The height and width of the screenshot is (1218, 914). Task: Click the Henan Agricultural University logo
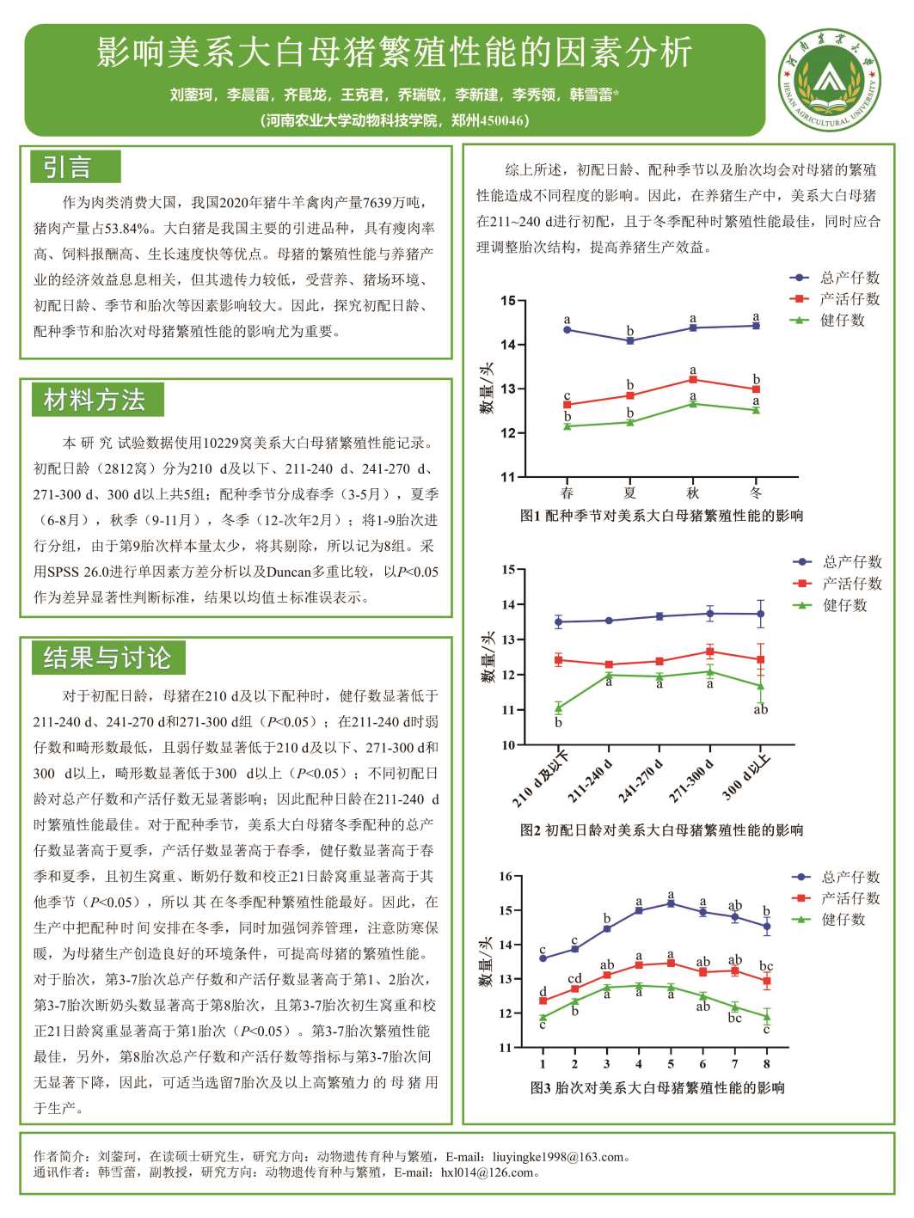point(830,80)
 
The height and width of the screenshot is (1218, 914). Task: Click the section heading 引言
point(67,167)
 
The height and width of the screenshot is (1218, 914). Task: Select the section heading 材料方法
point(95,400)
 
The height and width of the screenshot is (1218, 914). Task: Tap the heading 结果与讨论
point(107,658)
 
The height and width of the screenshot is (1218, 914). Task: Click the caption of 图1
point(661,516)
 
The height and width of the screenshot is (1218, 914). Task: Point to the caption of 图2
point(661,830)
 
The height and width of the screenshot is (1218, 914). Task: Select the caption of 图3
point(658,1087)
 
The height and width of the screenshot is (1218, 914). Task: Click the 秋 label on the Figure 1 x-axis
point(692,493)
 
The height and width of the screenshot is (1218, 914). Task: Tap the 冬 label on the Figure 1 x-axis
point(756,493)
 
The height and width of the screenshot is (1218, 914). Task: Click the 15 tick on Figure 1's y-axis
point(508,301)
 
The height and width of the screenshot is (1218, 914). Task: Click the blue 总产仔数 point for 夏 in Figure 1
point(630,340)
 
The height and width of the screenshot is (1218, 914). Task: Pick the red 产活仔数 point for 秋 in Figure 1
point(692,380)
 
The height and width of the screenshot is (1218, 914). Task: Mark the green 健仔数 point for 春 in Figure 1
point(567,426)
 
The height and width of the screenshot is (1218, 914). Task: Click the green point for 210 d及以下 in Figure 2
point(558,707)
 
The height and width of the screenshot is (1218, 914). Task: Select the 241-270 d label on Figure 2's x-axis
point(641,780)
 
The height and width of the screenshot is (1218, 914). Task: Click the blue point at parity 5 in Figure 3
point(671,903)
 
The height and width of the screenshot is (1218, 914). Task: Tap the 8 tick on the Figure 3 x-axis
point(767,1064)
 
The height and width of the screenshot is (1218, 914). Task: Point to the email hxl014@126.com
point(487,1172)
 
